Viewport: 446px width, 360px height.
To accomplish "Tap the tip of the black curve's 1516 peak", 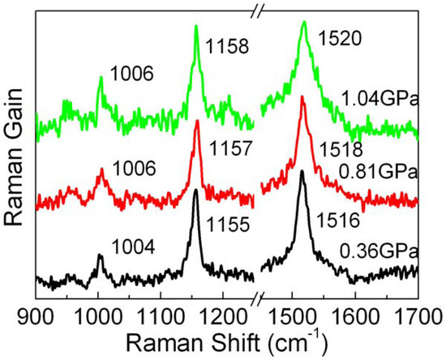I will pos(302,171).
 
